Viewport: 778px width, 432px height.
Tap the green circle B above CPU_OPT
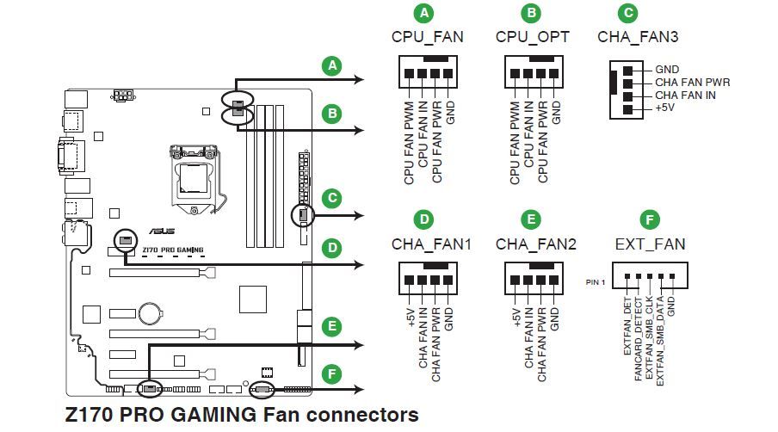point(532,14)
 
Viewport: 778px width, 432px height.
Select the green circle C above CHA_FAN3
point(628,14)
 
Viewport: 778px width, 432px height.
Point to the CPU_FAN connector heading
point(427,37)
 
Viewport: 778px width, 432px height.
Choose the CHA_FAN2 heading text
point(535,244)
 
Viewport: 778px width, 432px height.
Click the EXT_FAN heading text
point(650,244)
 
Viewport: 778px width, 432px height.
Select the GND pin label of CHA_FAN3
point(667,70)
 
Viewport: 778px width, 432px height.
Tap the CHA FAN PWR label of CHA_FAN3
point(692,83)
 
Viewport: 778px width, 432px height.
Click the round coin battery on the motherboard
point(153,310)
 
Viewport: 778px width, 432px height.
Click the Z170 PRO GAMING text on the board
point(173,250)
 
